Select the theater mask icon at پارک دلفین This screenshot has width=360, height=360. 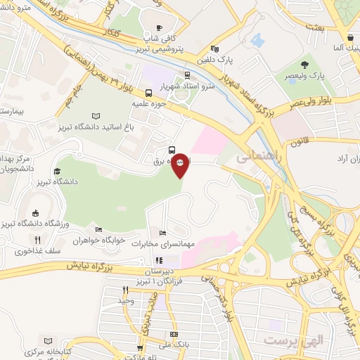214,49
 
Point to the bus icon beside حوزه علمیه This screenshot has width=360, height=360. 148,93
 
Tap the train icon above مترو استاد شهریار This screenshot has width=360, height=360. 187,75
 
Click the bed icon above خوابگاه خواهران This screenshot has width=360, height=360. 98,229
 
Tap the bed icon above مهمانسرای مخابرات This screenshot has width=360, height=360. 163,233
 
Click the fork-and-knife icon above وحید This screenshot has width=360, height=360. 126,290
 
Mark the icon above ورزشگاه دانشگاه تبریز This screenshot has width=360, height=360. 35,213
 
